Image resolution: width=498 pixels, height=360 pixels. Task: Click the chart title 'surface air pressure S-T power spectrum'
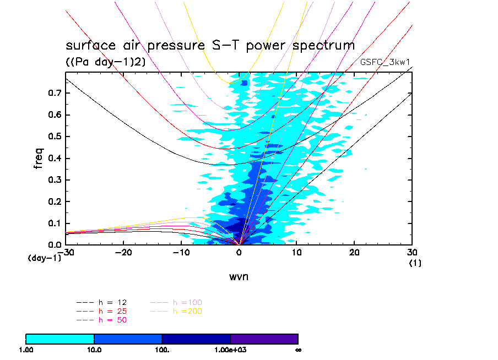click(x=210, y=46)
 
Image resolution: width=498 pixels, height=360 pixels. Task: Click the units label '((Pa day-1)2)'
click(x=106, y=62)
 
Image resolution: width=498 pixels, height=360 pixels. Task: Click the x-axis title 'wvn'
click(x=239, y=276)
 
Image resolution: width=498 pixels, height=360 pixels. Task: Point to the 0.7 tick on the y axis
click(x=53, y=94)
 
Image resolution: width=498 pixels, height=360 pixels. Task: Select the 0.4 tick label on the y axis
click(x=53, y=159)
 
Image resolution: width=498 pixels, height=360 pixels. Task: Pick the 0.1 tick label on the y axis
click(x=53, y=223)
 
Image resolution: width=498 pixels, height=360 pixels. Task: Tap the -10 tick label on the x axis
click(x=181, y=252)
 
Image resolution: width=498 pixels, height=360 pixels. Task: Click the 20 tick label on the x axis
click(x=354, y=252)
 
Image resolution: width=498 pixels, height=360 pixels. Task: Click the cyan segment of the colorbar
click(x=60, y=339)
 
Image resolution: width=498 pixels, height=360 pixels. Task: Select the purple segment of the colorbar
click(x=264, y=339)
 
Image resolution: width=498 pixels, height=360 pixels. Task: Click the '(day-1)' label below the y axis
click(x=44, y=258)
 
